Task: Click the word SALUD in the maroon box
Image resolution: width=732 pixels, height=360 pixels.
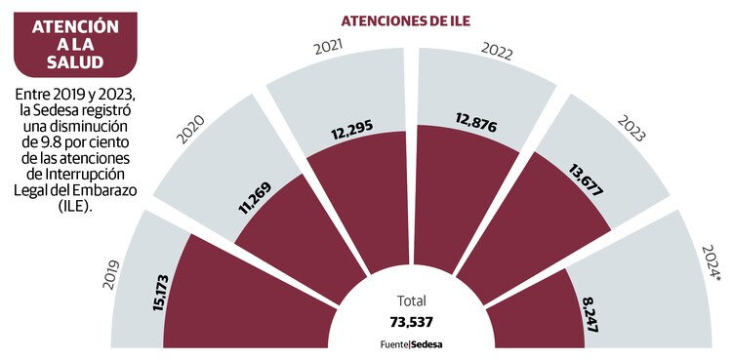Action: coord(68,63)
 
